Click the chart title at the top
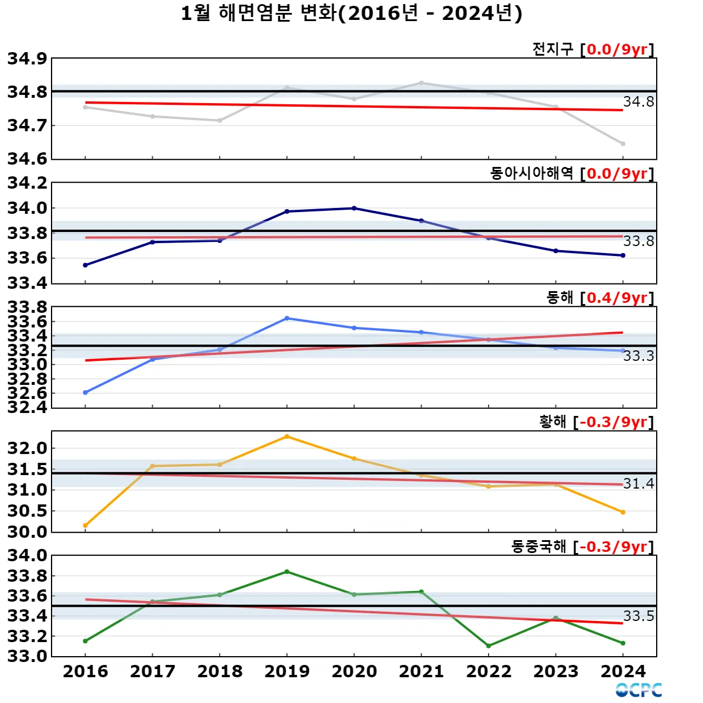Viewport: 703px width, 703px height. pos(351,13)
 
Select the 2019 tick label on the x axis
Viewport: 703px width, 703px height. pos(287,671)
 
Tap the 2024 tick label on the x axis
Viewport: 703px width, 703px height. pos(623,671)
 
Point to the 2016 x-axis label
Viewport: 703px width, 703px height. pos(86,671)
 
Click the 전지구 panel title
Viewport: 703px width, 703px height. pos(552,49)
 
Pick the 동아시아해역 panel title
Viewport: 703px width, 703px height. pos(531,173)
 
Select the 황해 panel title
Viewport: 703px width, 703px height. pos(552,422)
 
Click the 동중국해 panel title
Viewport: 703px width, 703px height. pos(538,547)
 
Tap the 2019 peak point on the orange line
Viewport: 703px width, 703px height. pos(287,436)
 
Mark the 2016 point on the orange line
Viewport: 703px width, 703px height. pos(86,525)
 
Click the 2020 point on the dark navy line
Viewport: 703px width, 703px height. pos(354,208)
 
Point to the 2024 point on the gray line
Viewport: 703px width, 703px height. pos(623,144)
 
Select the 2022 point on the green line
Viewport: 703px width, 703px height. pos(489,646)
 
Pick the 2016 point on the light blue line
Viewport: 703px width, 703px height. pos(86,393)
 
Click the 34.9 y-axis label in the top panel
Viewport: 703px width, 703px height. pos(27,59)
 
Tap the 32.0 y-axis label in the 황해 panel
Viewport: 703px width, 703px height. pos(27,448)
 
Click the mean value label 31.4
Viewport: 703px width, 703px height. pos(639,483)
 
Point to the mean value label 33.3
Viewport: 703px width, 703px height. pos(639,356)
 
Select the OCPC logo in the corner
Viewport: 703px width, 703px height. pos(639,690)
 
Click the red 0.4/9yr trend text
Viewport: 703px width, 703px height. pos(617,298)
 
